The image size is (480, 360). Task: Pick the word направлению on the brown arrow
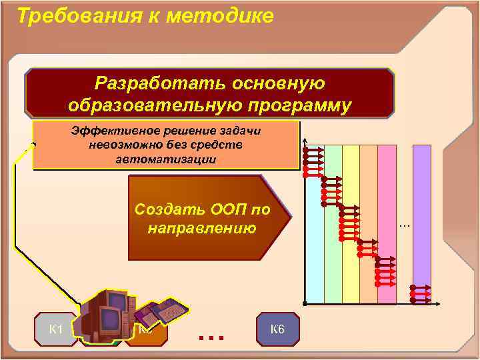point(202,229)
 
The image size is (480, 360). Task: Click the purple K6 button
point(277,329)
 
